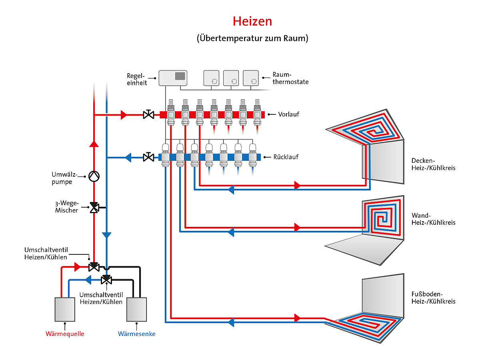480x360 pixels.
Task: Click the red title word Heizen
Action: (252, 21)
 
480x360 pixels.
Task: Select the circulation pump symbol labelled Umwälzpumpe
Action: (94, 176)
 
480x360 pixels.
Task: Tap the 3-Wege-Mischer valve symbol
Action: (94, 208)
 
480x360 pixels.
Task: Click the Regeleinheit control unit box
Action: (173, 78)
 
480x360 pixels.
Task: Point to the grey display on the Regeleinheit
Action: (180, 76)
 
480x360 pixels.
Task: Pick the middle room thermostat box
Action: (231, 78)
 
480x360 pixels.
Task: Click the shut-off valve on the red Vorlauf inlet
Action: (148, 115)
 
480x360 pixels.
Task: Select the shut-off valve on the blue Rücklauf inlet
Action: (148, 157)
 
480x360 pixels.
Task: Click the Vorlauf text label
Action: (288, 115)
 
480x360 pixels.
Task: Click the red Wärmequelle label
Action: (65, 334)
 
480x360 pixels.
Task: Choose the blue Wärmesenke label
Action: (136, 334)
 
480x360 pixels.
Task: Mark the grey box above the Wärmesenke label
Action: (136, 309)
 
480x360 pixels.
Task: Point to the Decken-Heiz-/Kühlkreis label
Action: (433, 164)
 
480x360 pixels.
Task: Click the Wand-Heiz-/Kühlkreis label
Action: (433, 219)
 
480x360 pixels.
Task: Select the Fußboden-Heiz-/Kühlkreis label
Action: (433, 298)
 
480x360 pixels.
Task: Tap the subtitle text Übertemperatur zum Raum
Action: (252, 39)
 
